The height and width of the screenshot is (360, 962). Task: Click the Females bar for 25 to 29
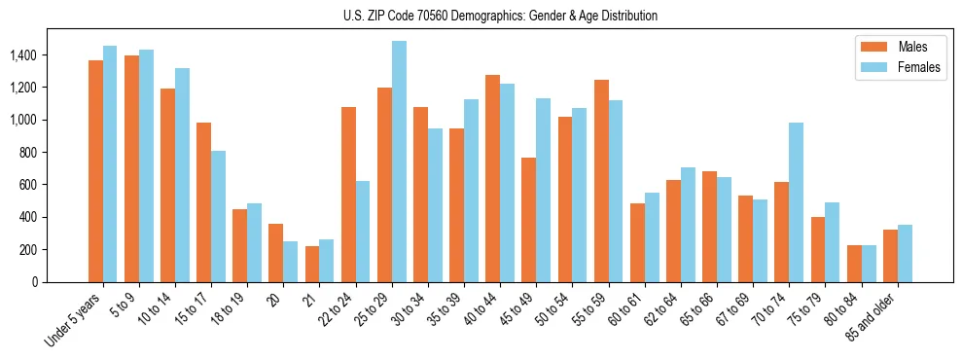point(399,162)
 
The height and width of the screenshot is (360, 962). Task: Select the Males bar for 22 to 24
point(348,195)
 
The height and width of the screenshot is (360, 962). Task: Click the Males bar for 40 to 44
point(492,178)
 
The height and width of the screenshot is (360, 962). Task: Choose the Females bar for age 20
point(291,262)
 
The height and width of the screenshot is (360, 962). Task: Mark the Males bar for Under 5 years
point(95,171)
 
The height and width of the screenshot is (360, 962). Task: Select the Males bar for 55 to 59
point(601,181)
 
